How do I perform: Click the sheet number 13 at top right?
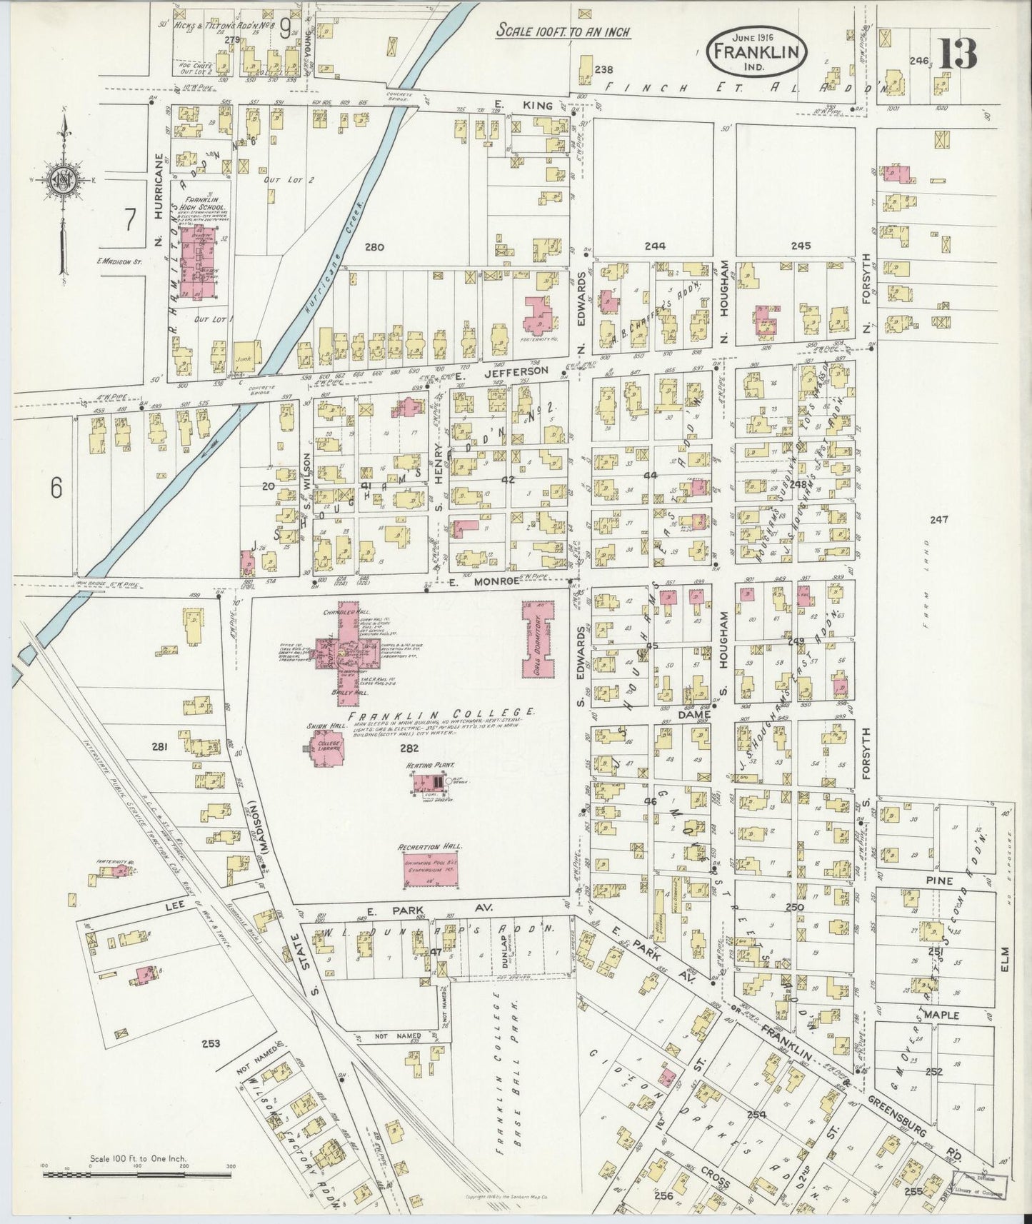tap(958, 54)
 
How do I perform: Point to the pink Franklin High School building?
tap(197, 263)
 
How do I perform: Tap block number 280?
tap(374, 248)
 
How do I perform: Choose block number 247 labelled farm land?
tap(938, 520)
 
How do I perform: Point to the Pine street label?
tap(940, 881)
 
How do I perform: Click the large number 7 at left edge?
tap(129, 220)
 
